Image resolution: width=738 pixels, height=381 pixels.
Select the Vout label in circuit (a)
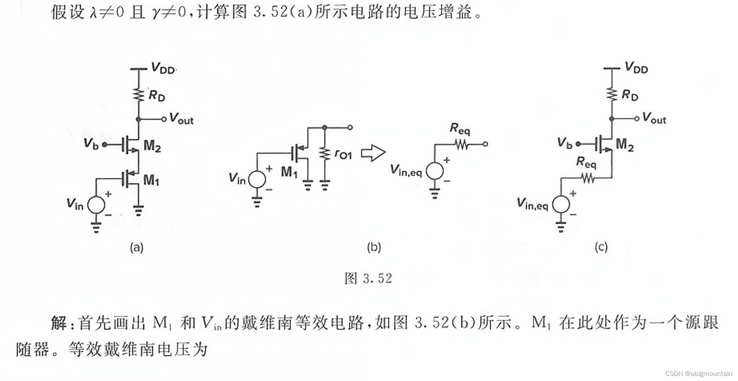(181, 119)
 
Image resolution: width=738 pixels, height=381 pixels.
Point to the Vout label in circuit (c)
(654, 118)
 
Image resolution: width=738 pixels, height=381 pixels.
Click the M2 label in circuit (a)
(152, 146)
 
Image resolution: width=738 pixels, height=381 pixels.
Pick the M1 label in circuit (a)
(151, 180)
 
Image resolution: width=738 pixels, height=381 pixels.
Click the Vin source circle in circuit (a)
(96, 205)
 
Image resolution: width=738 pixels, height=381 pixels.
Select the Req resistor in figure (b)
(461, 145)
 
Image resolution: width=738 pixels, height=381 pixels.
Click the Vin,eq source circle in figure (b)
(434, 171)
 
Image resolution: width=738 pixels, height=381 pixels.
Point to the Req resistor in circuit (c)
(587, 178)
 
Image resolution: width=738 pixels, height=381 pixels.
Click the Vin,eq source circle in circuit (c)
(561, 204)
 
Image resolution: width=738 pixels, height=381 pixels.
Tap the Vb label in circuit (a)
(91, 144)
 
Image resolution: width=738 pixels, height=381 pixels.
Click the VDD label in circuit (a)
(163, 68)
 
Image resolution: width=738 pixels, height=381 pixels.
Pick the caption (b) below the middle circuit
(374, 247)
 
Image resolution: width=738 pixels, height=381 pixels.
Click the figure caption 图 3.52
(368, 278)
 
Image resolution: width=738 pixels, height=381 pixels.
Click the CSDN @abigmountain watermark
(698, 374)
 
